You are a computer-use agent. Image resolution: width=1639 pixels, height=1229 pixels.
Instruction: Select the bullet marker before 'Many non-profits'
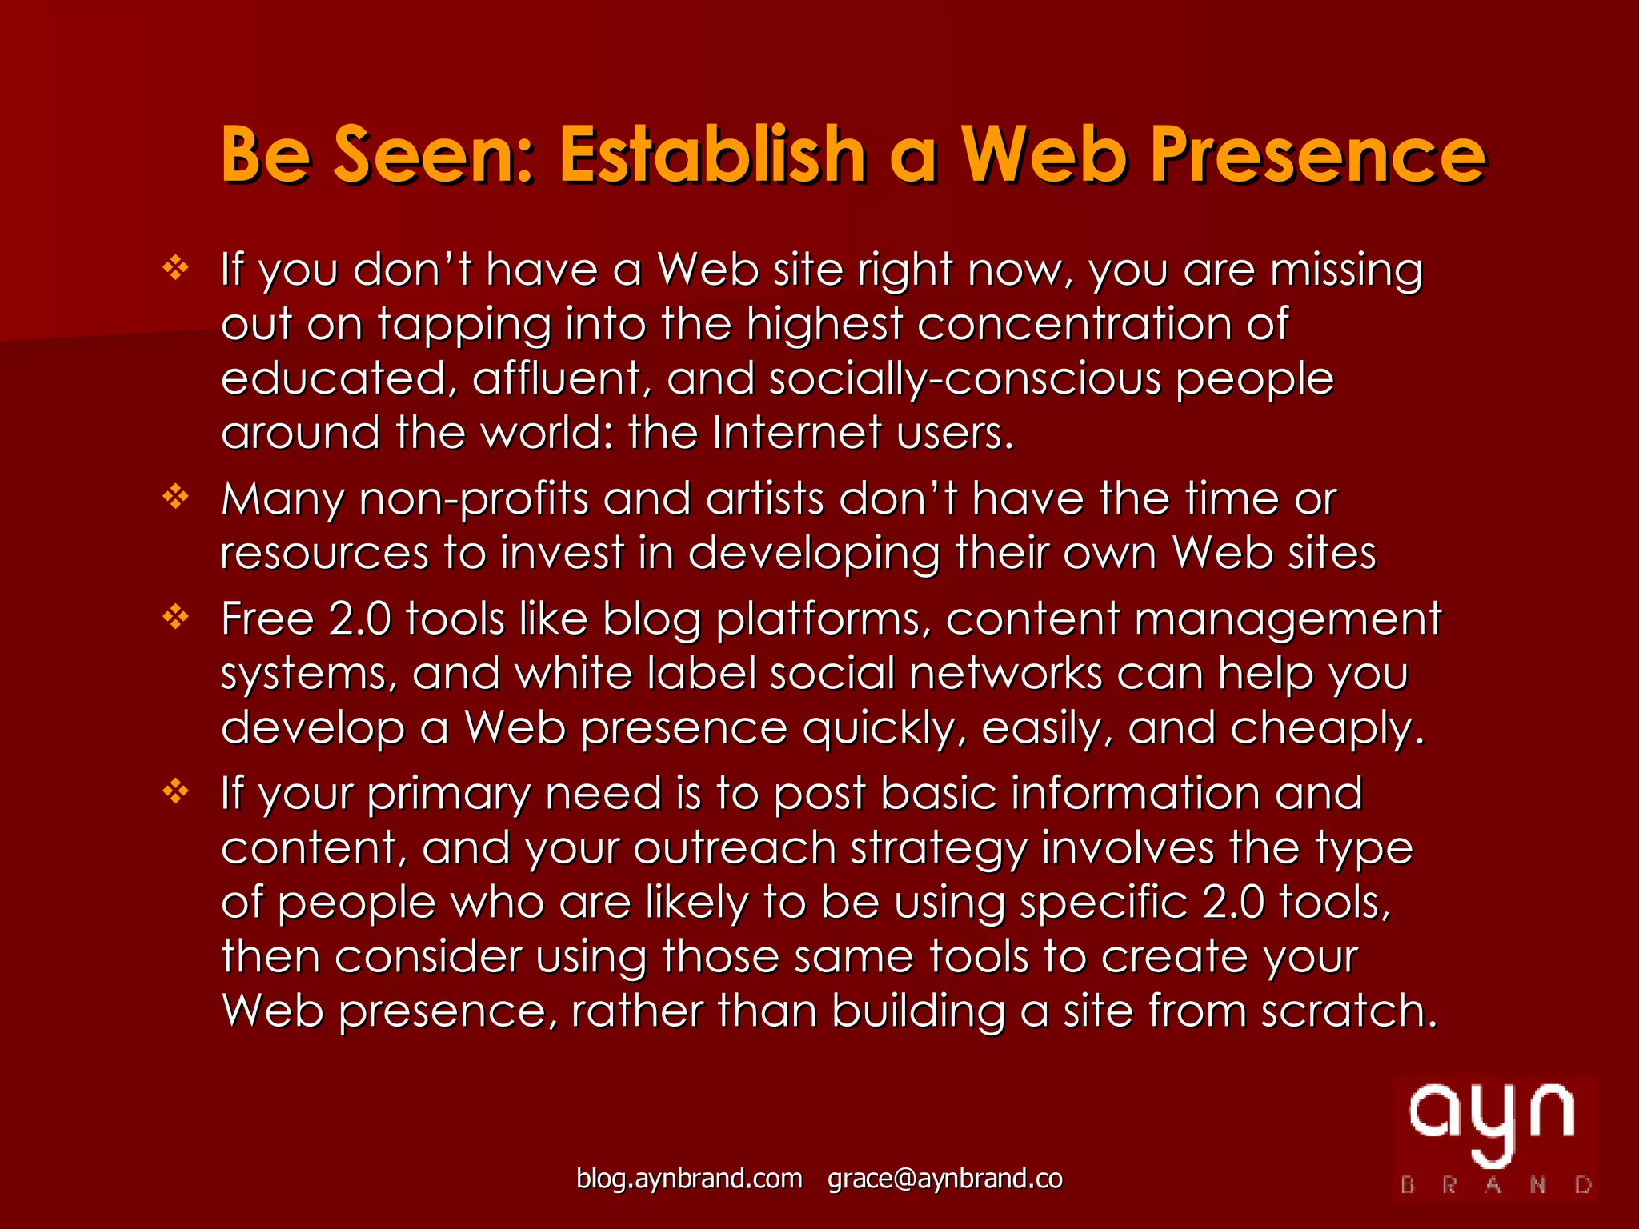tap(175, 497)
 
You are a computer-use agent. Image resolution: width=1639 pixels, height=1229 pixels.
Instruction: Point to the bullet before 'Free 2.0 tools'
tap(175, 617)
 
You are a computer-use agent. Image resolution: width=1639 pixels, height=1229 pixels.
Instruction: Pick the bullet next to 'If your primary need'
tap(175, 791)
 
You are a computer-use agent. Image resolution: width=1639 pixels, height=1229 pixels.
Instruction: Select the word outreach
tap(735, 847)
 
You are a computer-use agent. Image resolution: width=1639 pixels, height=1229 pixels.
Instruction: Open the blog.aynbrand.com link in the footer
tap(689, 1179)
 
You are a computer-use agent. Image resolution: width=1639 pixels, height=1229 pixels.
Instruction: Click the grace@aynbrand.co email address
tap(944, 1179)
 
